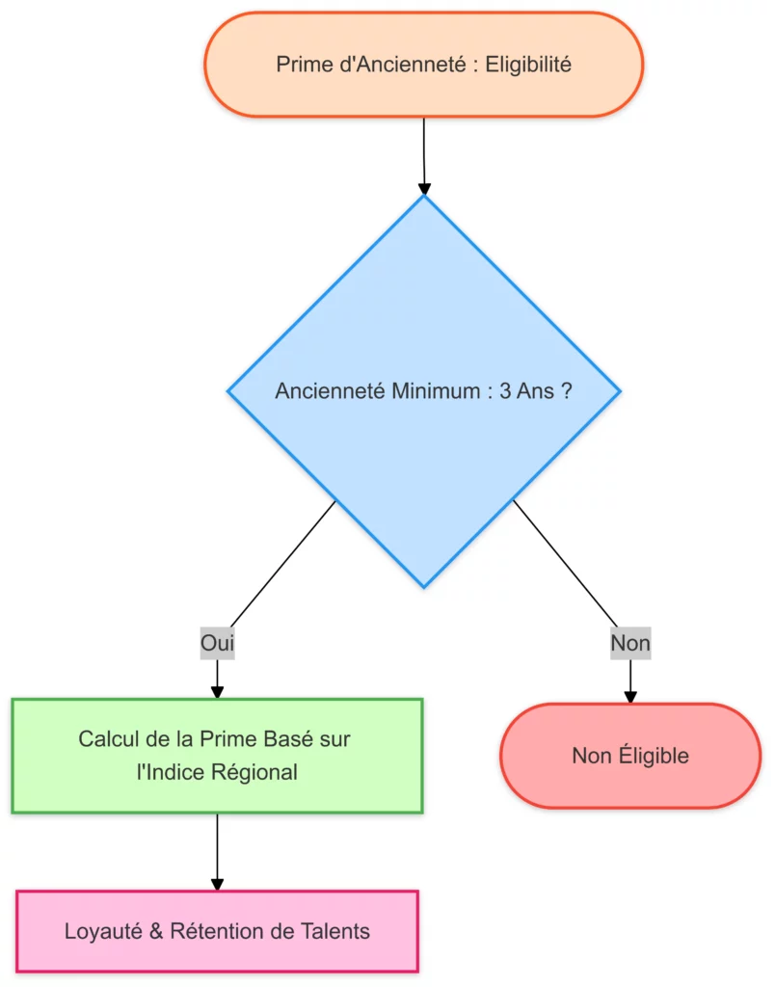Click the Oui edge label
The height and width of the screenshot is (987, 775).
pyautogui.click(x=217, y=643)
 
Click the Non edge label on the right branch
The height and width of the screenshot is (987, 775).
pyautogui.click(x=630, y=643)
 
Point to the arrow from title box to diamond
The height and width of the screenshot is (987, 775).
pyautogui.click(x=423, y=154)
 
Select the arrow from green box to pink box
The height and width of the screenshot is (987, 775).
pyautogui.click(x=217, y=848)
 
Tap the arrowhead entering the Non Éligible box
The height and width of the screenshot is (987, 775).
pyautogui.click(x=630, y=696)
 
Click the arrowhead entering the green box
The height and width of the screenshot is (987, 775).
pyautogui.click(x=217, y=691)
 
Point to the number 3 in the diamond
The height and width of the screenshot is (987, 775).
pyautogui.click(x=506, y=391)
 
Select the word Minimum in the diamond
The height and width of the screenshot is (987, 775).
pyautogui.click(x=436, y=391)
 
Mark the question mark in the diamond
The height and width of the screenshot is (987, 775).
pyautogui.click(x=566, y=391)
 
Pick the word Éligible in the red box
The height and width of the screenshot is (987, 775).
pyautogui.click(x=653, y=756)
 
